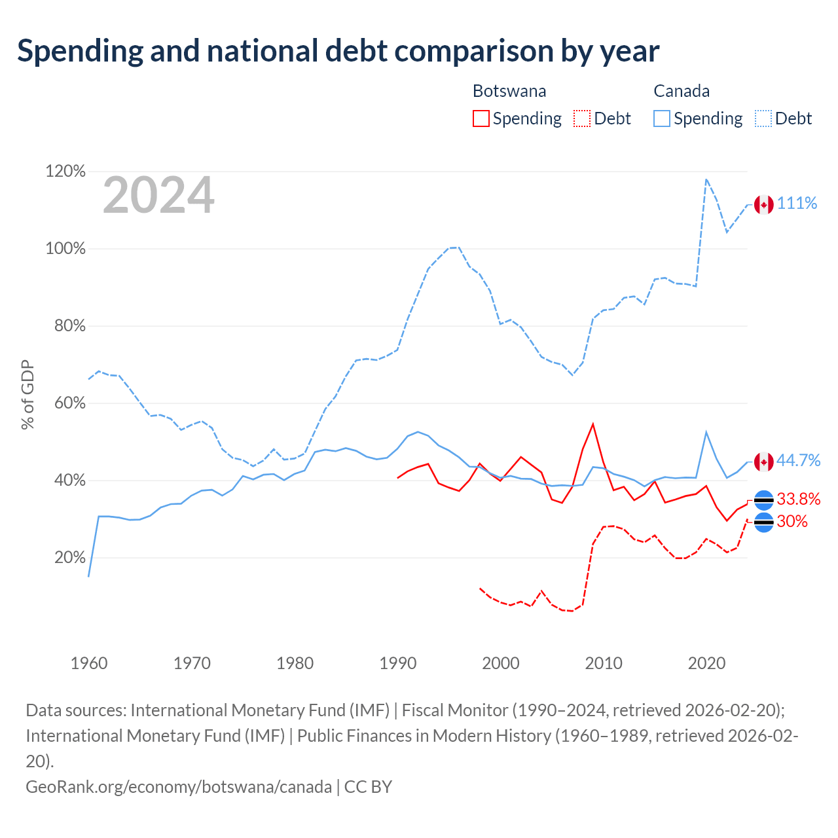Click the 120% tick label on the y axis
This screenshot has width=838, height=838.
[x=65, y=172]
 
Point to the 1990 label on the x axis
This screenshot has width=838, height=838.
[x=397, y=663]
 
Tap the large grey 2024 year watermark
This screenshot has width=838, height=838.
[x=158, y=195]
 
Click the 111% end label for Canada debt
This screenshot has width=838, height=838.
[x=797, y=203]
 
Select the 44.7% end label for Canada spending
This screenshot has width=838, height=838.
[x=798, y=460]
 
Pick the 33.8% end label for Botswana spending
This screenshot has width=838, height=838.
[x=799, y=499]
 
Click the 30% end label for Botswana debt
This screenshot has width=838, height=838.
[x=792, y=521]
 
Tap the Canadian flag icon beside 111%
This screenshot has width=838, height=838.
[x=763, y=205]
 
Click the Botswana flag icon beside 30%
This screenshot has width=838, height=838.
[x=763, y=522]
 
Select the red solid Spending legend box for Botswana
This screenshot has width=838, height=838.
[x=481, y=118]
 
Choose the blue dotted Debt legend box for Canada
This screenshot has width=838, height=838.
[x=763, y=118]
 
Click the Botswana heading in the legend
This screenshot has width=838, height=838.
[x=509, y=91]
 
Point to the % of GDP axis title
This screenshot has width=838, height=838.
[x=27, y=394]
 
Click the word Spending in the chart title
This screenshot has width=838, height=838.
[x=80, y=51]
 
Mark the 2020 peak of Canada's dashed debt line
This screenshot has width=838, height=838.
[x=706, y=179]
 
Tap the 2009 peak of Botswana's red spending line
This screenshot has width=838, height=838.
[x=592, y=424]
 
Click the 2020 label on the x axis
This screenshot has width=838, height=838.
[x=706, y=663]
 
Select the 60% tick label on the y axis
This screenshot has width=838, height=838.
[x=69, y=403]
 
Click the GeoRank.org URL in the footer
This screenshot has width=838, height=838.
[x=179, y=787]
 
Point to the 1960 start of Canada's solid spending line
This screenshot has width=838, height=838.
[x=89, y=577]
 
